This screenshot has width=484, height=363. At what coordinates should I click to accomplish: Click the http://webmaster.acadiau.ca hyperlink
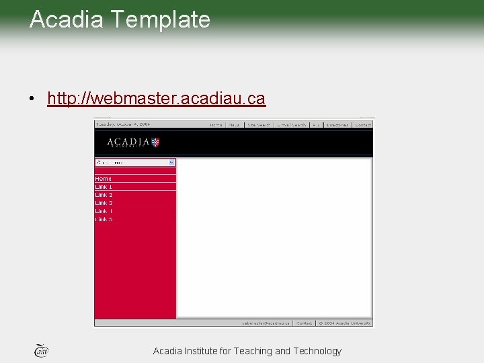(156, 99)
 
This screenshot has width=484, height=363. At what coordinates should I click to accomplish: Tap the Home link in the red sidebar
(104, 179)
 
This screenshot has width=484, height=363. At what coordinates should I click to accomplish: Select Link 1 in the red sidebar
(104, 187)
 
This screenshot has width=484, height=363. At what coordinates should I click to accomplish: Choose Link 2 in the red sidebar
(104, 195)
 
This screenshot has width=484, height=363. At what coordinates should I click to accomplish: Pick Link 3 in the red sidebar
(104, 203)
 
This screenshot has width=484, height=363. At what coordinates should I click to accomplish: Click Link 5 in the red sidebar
(104, 219)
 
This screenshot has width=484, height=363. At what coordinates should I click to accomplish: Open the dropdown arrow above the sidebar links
(171, 163)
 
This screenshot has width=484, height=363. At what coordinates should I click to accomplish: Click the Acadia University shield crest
(155, 142)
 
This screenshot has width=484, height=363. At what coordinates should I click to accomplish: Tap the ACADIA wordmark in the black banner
(128, 142)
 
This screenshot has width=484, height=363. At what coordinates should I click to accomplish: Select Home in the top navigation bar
(216, 125)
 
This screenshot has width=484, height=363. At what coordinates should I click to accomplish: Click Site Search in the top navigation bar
(259, 125)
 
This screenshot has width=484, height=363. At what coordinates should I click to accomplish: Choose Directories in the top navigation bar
(337, 125)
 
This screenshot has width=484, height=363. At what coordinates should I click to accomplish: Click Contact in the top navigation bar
(363, 125)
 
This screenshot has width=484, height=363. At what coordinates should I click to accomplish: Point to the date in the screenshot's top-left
(123, 124)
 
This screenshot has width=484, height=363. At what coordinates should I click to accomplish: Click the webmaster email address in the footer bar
(266, 323)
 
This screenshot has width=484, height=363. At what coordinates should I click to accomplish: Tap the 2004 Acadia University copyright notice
(345, 323)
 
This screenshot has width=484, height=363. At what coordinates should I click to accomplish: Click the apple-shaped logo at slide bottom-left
(41, 350)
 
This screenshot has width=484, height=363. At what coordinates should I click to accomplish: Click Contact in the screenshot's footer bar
(305, 323)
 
